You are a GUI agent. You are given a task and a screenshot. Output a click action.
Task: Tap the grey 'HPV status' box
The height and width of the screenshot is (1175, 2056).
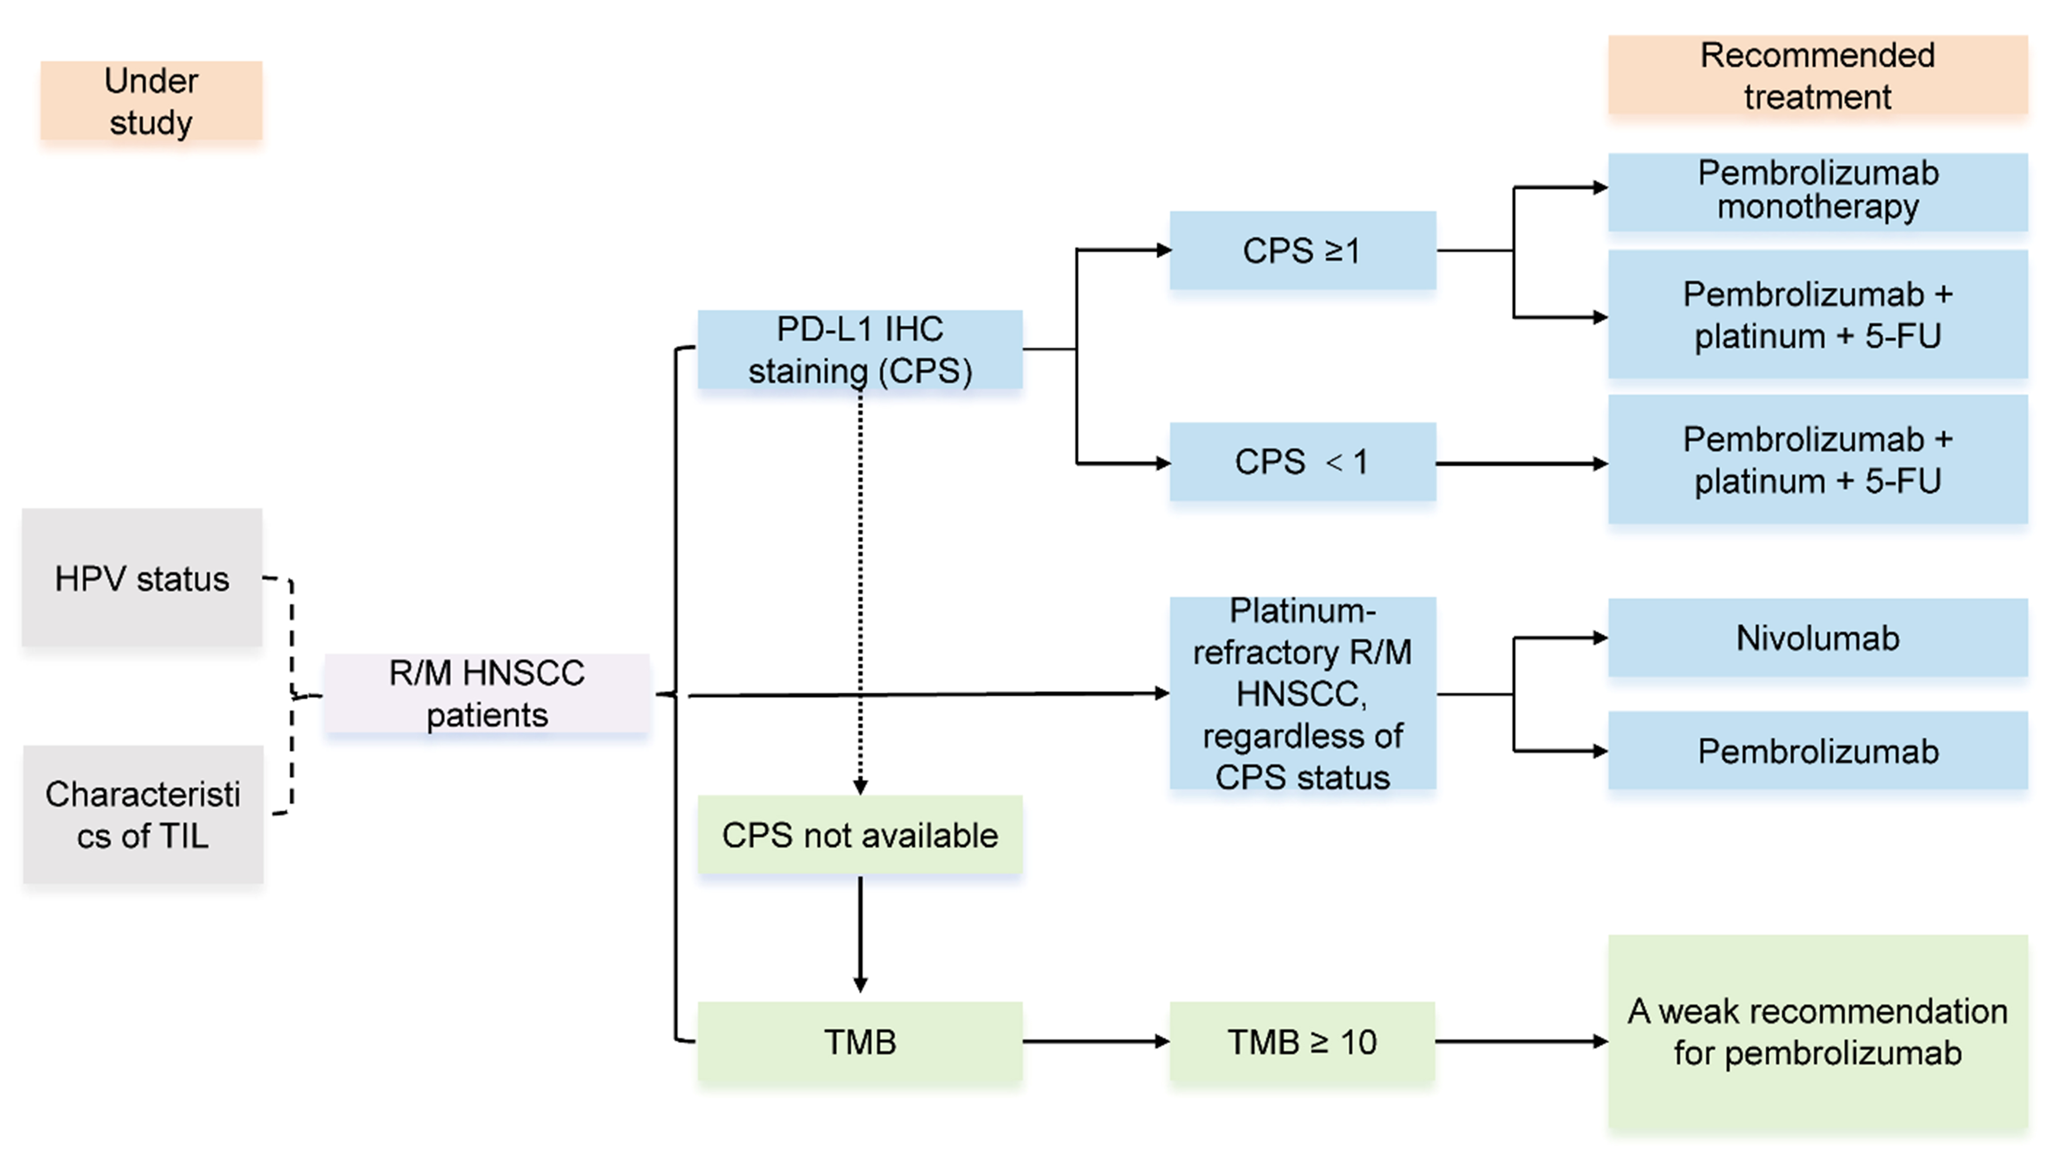coord(142,578)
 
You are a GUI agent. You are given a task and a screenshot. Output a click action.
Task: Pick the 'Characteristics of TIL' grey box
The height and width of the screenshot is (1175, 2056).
coord(143,814)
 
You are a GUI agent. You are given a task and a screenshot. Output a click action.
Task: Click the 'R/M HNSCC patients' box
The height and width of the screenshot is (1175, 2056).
coord(487,694)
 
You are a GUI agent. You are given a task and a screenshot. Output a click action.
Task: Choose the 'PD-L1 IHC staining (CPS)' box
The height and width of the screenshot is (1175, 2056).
coord(860,349)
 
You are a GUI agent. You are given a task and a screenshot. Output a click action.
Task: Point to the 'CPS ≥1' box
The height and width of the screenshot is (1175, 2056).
coord(1302,250)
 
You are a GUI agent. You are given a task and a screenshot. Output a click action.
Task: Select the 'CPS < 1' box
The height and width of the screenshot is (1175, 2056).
coord(1302,462)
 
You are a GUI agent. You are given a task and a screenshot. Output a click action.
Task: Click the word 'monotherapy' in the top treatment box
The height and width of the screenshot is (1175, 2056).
coord(1817,207)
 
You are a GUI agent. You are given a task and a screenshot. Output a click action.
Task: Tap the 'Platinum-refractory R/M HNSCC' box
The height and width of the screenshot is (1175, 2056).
coord(1302,693)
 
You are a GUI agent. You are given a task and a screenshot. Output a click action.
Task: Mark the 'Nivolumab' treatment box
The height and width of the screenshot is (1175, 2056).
coord(1817,638)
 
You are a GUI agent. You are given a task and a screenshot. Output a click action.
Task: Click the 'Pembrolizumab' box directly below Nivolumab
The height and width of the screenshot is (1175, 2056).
coord(1817,751)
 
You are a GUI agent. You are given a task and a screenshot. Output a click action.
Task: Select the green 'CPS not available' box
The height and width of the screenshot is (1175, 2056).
coord(860,835)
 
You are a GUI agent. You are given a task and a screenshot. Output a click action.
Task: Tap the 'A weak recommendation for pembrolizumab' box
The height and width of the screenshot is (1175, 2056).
coord(1817,1033)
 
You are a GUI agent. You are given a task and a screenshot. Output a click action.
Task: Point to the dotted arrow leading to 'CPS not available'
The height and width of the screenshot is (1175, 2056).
coord(860,589)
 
